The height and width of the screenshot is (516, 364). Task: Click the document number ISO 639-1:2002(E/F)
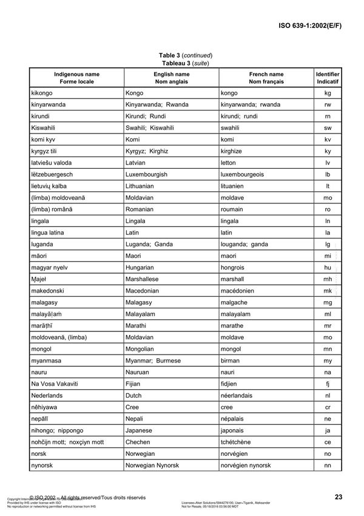[314, 26]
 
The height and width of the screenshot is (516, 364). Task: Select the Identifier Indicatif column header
[328, 77]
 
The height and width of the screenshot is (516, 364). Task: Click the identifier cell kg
[328, 93]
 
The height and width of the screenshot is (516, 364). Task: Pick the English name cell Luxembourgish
[147, 174]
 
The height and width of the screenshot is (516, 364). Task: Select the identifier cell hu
[328, 268]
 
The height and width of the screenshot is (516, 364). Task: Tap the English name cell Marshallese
[146, 279]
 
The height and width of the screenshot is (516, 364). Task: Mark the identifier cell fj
[328, 384]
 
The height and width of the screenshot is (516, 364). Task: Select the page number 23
[339, 497]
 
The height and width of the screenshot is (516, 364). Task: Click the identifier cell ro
[328, 209]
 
